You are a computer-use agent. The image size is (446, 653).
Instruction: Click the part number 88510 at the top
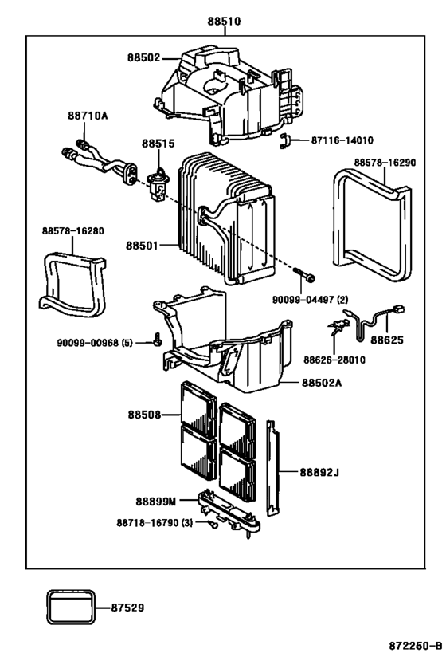point(225,21)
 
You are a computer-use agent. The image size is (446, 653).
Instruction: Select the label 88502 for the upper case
point(143,57)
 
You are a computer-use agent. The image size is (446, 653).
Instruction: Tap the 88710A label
point(88,116)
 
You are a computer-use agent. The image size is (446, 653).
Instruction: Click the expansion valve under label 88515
point(156,184)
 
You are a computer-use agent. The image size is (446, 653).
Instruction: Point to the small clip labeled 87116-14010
point(284,141)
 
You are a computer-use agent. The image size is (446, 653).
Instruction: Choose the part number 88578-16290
point(385,163)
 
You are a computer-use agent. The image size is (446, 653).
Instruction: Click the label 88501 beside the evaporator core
point(143,246)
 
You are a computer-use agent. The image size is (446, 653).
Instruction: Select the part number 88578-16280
point(72,230)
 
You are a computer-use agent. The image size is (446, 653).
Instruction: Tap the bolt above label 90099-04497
point(304,274)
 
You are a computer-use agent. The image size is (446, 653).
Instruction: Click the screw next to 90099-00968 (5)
point(157,339)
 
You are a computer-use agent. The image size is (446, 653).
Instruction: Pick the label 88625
point(387,340)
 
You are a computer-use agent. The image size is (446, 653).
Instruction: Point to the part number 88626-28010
point(334,360)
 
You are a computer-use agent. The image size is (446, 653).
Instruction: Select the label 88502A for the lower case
point(322,382)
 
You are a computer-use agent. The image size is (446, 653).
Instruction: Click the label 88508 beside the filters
point(144,415)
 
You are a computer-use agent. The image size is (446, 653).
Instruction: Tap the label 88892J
point(319,472)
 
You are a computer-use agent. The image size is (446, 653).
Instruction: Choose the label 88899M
point(156,501)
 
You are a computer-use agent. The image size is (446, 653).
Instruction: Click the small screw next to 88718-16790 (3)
point(213,525)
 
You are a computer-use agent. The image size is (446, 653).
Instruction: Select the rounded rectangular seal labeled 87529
point(70,608)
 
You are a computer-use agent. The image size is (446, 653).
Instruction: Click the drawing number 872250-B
point(416,646)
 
